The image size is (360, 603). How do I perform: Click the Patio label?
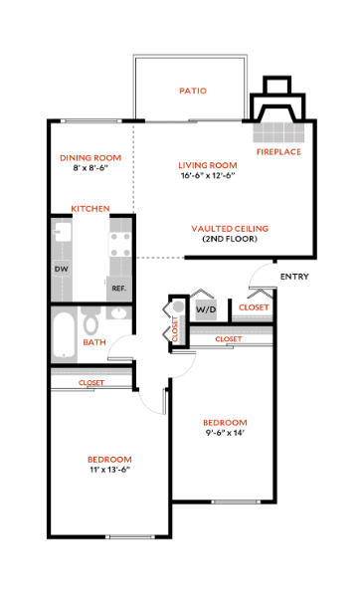point(193,91)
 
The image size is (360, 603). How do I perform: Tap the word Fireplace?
point(278,152)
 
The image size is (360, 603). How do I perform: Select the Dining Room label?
point(90,157)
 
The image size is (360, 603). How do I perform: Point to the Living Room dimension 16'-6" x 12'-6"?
point(208,176)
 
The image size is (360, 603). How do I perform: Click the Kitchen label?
point(90,208)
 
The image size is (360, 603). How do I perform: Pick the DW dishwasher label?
point(61,269)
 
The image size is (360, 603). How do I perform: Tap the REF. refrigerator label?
point(118,289)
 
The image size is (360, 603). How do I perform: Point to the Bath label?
point(94,342)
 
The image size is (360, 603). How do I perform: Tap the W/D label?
point(206,310)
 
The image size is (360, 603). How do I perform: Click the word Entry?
point(294,276)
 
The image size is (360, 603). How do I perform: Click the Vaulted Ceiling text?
point(230,228)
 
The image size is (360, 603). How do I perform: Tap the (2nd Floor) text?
point(230,240)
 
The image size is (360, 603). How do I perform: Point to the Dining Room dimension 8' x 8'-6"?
point(90,168)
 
